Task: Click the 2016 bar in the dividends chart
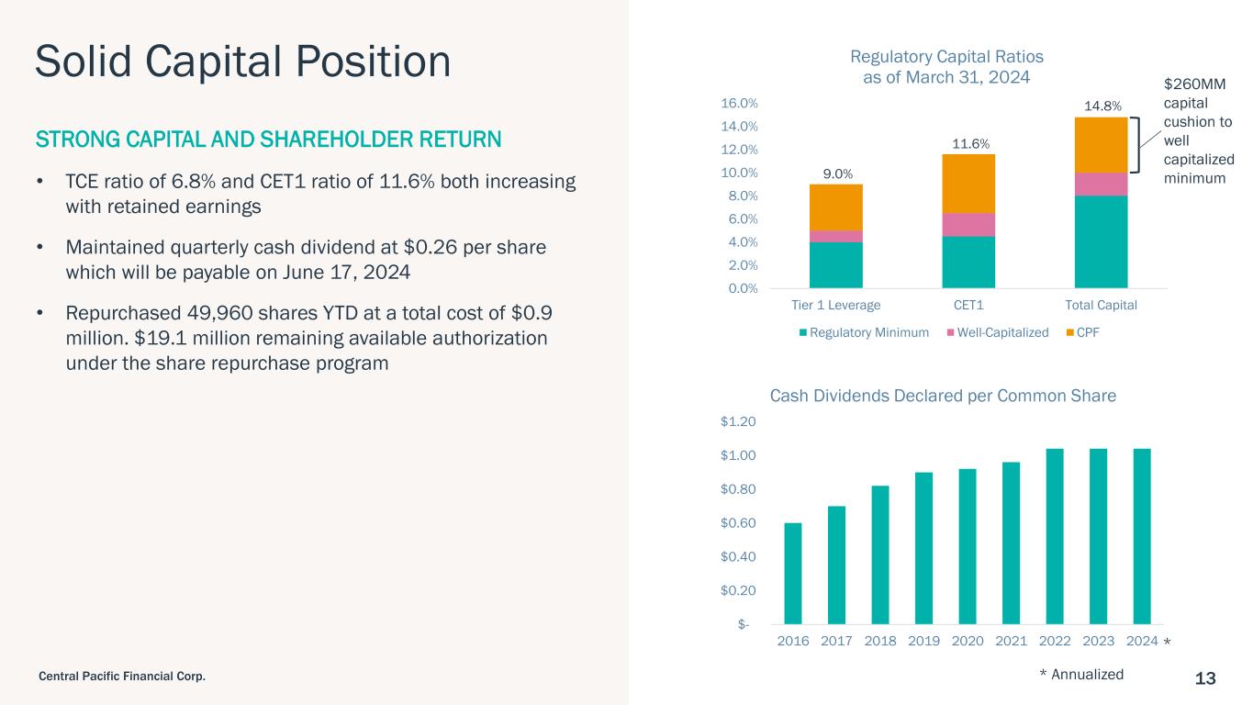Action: click(x=793, y=574)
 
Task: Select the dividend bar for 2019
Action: click(x=923, y=548)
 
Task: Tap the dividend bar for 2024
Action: click(x=1142, y=536)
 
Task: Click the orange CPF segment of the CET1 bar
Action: click(x=968, y=184)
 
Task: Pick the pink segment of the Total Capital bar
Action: click(x=1101, y=184)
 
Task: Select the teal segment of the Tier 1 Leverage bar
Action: click(x=835, y=264)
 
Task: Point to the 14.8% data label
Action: click(x=1102, y=106)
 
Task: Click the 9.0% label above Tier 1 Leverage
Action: click(x=835, y=173)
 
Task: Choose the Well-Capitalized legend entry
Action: click(x=1002, y=332)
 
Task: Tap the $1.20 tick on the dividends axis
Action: click(x=740, y=422)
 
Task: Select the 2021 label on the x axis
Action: click(x=1011, y=642)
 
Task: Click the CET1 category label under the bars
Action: click(x=968, y=305)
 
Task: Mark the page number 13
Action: click(x=1205, y=678)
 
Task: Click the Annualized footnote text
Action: click(x=1087, y=675)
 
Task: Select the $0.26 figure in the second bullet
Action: click(x=431, y=249)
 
